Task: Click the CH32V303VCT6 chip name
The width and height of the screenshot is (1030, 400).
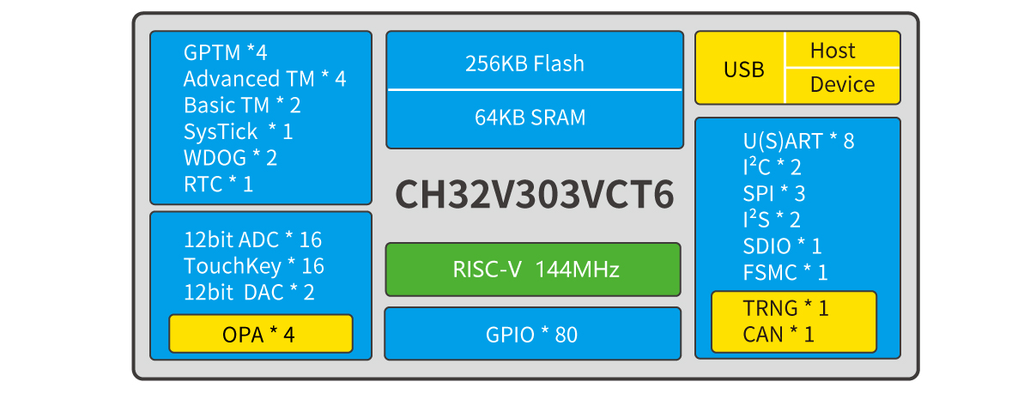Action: [534, 195]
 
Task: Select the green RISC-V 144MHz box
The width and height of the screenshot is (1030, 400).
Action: [533, 270]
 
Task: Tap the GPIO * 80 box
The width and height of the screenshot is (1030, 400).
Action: [533, 334]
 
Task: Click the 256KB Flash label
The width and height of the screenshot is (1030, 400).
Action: [524, 64]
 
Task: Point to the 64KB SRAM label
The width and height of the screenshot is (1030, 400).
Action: [530, 118]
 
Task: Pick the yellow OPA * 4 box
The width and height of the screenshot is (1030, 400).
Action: [260, 334]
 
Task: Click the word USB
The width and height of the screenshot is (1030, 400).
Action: [743, 70]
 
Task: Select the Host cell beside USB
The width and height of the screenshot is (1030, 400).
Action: [833, 51]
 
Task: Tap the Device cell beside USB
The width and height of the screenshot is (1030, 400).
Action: [842, 85]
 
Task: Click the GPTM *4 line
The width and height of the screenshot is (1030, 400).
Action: [225, 52]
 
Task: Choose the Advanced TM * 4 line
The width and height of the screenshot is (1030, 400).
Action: [264, 79]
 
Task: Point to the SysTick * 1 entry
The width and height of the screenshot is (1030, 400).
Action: [238, 131]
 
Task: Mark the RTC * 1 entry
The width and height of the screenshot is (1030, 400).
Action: [218, 184]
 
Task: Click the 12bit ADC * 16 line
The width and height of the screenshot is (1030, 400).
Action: [252, 239]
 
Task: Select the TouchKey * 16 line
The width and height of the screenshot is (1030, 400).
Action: [253, 266]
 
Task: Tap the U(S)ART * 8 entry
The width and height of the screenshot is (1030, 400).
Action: [798, 141]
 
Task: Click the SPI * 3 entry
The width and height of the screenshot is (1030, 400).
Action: [774, 193]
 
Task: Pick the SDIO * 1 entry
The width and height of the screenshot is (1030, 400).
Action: [782, 246]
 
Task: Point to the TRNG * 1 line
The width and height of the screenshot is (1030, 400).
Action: [785, 307]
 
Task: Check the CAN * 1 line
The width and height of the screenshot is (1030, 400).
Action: [779, 334]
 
